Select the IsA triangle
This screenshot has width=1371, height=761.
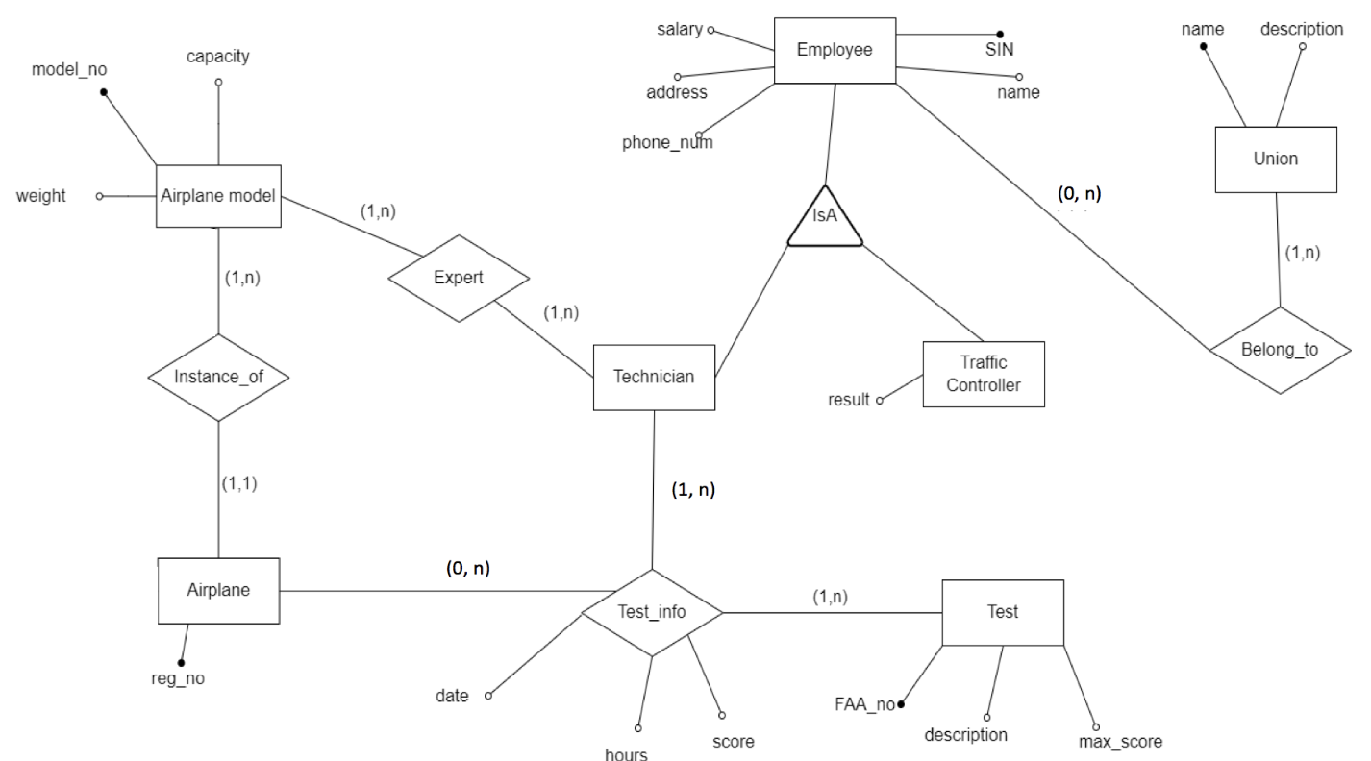click(x=825, y=220)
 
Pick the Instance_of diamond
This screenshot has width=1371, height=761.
click(x=219, y=378)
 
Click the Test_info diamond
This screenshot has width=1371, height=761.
click(x=652, y=612)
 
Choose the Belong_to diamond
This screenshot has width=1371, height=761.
click(x=1280, y=351)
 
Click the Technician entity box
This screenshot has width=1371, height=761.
click(x=654, y=377)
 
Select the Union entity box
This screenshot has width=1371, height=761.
click(x=1277, y=160)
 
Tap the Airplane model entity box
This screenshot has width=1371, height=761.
click(x=219, y=195)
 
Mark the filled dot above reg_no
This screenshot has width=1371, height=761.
click(x=181, y=662)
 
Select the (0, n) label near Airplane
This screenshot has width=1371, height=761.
click(x=468, y=568)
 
